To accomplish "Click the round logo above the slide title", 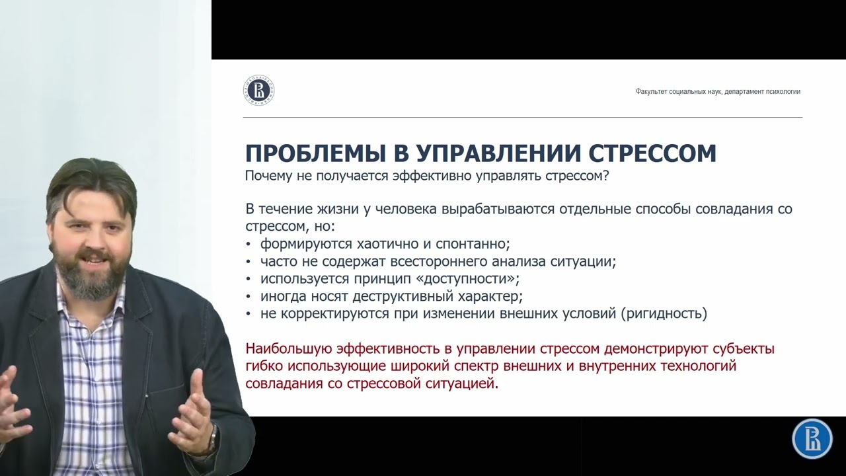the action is point(258,91).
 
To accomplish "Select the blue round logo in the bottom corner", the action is point(812,439).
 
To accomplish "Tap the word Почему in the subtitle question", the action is point(268,176).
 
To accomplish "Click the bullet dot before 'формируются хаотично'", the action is point(248,245).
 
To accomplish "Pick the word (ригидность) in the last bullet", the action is point(664,314).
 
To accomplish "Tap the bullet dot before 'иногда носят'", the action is point(248,297).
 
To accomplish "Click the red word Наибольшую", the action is point(288,348).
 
